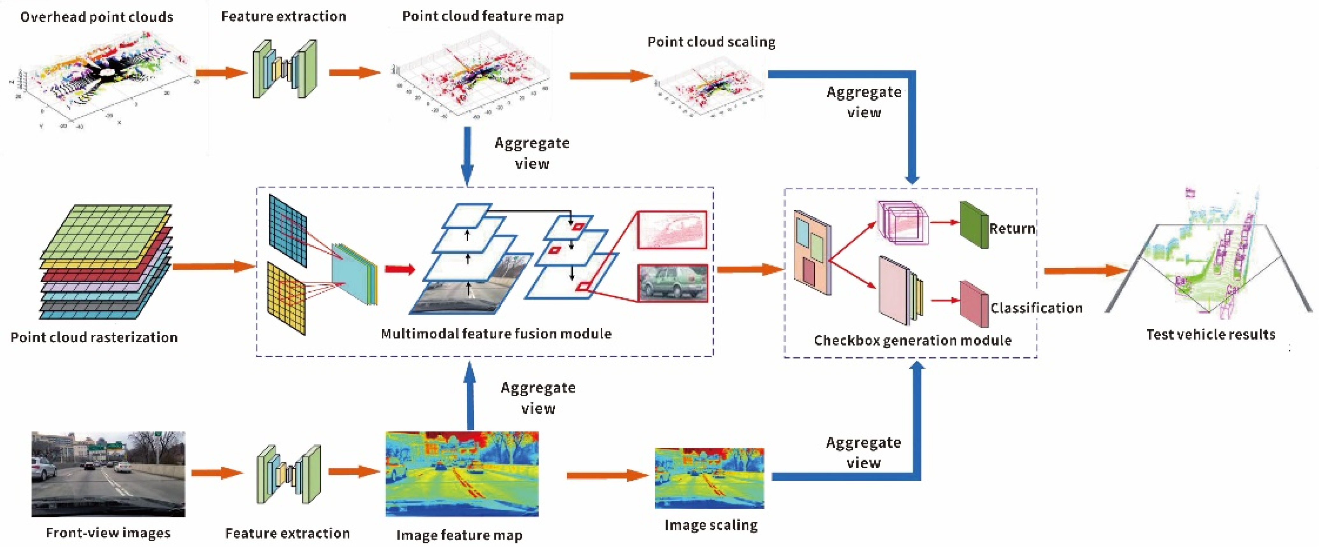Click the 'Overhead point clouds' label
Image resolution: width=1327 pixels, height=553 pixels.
[x=96, y=17]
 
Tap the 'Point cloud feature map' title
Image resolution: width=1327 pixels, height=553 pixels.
[x=483, y=16]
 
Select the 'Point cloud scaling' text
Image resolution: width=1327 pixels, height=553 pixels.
[x=711, y=42]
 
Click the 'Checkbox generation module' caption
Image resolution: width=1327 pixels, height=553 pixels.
[x=912, y=340]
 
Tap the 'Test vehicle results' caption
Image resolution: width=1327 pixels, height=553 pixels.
[x=1210, y=334]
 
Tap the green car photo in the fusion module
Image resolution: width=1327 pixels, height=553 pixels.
[x=672, y=283]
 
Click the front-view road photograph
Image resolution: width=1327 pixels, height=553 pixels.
[x=108, y=474]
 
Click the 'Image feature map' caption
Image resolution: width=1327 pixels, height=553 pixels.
[x=459, y=535]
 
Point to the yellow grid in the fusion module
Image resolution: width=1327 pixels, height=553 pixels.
[x=286, y=298]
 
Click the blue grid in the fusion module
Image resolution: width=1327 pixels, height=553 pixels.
[x=287, y=230]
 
